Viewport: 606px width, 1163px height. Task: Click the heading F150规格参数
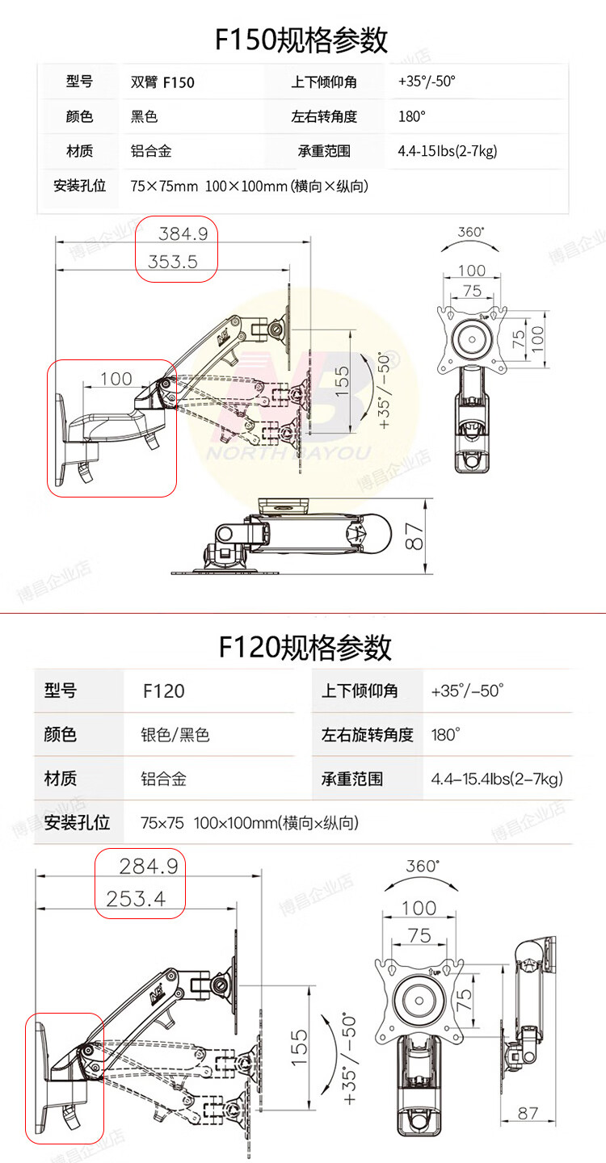[301, 40]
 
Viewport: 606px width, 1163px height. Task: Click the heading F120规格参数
[305, 647]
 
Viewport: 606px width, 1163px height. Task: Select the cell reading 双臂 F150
[162, 82]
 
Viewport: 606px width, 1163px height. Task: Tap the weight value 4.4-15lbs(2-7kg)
[447, 151]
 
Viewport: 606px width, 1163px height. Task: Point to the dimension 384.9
[183, 234]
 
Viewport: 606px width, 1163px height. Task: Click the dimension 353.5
[172, 262]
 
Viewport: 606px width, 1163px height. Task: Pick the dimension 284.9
[148, 867]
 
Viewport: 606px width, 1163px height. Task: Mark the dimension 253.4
[136, 897]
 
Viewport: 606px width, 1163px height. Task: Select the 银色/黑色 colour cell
[175, 734]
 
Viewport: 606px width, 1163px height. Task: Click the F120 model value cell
[164, 691]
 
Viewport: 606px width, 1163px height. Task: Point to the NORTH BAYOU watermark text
[288, 453]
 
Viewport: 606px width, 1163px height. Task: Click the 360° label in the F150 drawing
[471, 232]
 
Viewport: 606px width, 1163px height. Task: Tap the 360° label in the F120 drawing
[423, 865]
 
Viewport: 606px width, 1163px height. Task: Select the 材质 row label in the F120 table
[61, 779]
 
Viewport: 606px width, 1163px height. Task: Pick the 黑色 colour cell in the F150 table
[145, 116]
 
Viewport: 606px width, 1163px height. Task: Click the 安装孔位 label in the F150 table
[80, 187]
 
